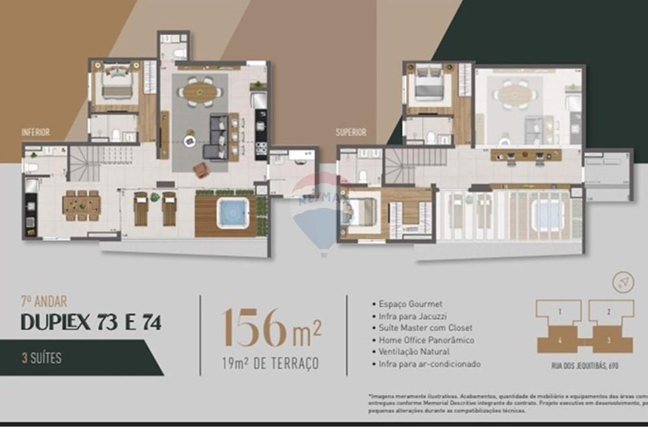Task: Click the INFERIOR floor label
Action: tap(36, 132)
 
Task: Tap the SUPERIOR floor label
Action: tap(351, 132)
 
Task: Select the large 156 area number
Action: tap(253, 328)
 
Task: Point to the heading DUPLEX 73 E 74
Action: tap(91, 321)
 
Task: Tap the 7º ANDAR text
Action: tap(43, 301)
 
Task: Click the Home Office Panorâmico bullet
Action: tap(426, 340)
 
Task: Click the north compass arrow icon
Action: tap(623, 282)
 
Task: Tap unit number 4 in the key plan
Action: tap(559, 339)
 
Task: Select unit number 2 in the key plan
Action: tap(609, 312)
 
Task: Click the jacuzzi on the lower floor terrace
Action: tap(233, 212)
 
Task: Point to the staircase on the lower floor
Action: tap(85, 163)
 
